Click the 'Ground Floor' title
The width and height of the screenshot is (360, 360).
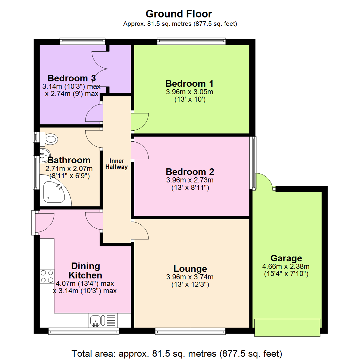click(179, 14)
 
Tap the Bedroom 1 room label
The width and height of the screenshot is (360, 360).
click(189, 83)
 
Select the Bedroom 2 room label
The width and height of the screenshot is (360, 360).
click(190, 172)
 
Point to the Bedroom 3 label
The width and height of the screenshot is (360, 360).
click(72, 78)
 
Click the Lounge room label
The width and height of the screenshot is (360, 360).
click(190, 269)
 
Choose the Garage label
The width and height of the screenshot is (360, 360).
click(286, 258)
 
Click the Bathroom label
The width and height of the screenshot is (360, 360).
click(69, 160)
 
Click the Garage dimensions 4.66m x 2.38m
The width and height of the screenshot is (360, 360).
click(286, 266)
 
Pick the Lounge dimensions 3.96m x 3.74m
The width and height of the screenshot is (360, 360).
click(190, 277)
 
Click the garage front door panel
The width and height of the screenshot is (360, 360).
click(287, 327)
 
